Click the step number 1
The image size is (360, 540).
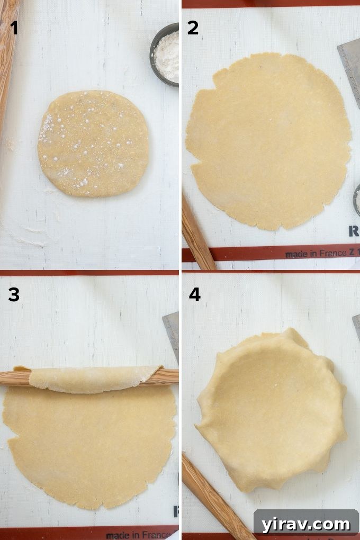point(14,28)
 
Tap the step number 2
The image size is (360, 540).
point(193,28)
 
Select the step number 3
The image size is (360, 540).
point(14,294)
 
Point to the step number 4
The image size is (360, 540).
point(194,294)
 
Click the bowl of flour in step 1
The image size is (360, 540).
point(165,54)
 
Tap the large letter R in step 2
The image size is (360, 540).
point(354,231)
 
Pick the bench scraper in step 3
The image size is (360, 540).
point(172,334)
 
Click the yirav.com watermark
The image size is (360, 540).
point(306,524)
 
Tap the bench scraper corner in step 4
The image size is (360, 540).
point(356,321)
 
